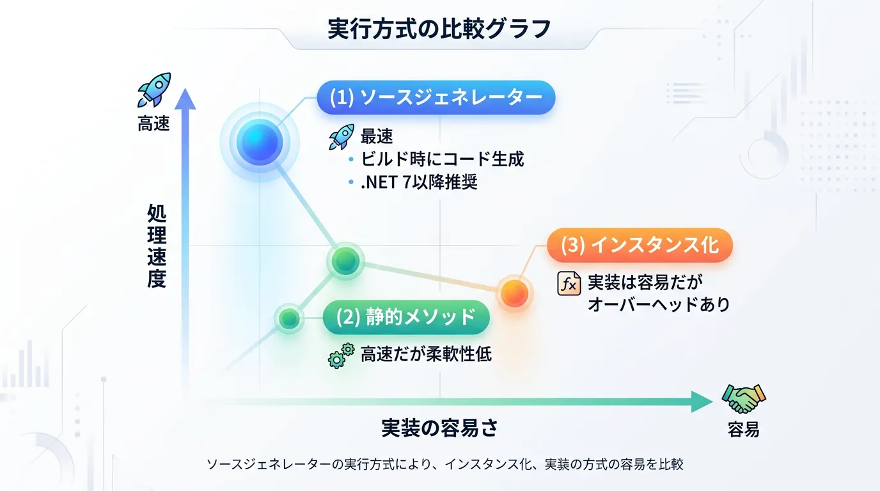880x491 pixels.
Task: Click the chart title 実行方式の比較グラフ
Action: (439, 29)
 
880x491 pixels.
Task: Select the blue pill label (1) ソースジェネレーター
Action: (436, 97)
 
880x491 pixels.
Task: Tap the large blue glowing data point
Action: (259, 142)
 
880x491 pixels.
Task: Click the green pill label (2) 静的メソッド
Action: (406, 317)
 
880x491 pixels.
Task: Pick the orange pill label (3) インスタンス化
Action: (640, 245)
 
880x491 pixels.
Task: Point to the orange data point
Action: (514, 293)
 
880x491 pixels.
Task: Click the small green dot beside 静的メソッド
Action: (289, 318)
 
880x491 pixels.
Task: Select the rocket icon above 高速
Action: (154, 90)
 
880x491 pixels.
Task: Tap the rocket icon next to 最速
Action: (341, 136)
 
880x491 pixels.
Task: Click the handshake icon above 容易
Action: (744, 398)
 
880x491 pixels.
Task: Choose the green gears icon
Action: (341, 355)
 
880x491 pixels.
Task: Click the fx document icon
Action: (569, 283)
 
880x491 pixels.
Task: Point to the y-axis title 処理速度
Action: (157, 246)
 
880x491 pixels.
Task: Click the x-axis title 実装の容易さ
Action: (439, 428)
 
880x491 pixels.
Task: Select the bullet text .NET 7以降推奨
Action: (419, 182)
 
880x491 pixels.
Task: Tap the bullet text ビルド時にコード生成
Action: (442, 159)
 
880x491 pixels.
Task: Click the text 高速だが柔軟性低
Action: (426, 354)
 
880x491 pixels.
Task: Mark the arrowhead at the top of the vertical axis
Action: (185, 98)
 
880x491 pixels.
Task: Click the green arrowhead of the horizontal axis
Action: (702, 401)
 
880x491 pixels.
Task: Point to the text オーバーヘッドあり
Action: (659, 304)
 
